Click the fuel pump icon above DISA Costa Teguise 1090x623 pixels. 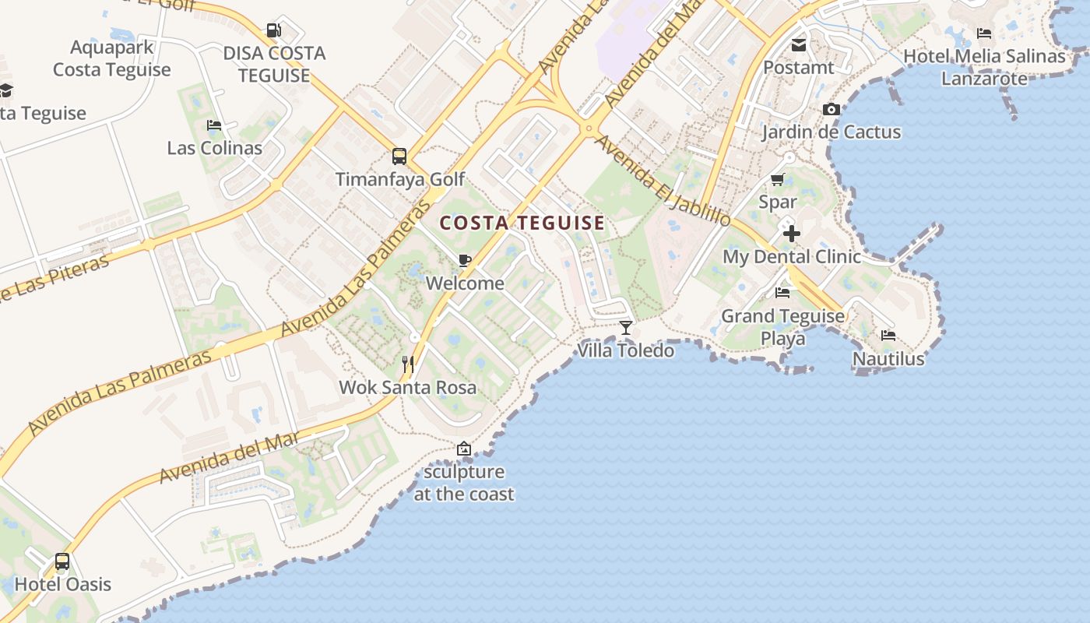pos(273,30)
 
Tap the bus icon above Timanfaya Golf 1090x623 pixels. pos(399,156)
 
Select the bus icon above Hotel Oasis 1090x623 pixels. pos(62,561)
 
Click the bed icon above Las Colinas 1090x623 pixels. pos(214,125)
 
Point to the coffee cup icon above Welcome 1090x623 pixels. pos(465,260)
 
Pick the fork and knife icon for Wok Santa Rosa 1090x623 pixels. pos(407,364)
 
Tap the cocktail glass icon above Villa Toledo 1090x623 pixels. pos(625,327)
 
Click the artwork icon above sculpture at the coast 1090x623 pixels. pos(464,449)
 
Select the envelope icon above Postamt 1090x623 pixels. pos(798,44)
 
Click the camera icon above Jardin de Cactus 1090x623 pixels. pos(832,109)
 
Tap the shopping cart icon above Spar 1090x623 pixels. pos(777,180)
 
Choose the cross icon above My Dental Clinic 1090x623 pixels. pos(791,234)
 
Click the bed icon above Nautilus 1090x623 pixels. pos(888,336)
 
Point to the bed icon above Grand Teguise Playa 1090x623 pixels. pos(782,293)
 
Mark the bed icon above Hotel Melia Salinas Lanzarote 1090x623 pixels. pos(984,33)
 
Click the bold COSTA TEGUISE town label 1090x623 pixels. pos(522,224)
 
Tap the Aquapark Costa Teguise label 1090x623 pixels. pos(111,58)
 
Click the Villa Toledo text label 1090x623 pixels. pos(625,350)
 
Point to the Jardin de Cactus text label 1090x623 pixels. pos(831,132)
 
